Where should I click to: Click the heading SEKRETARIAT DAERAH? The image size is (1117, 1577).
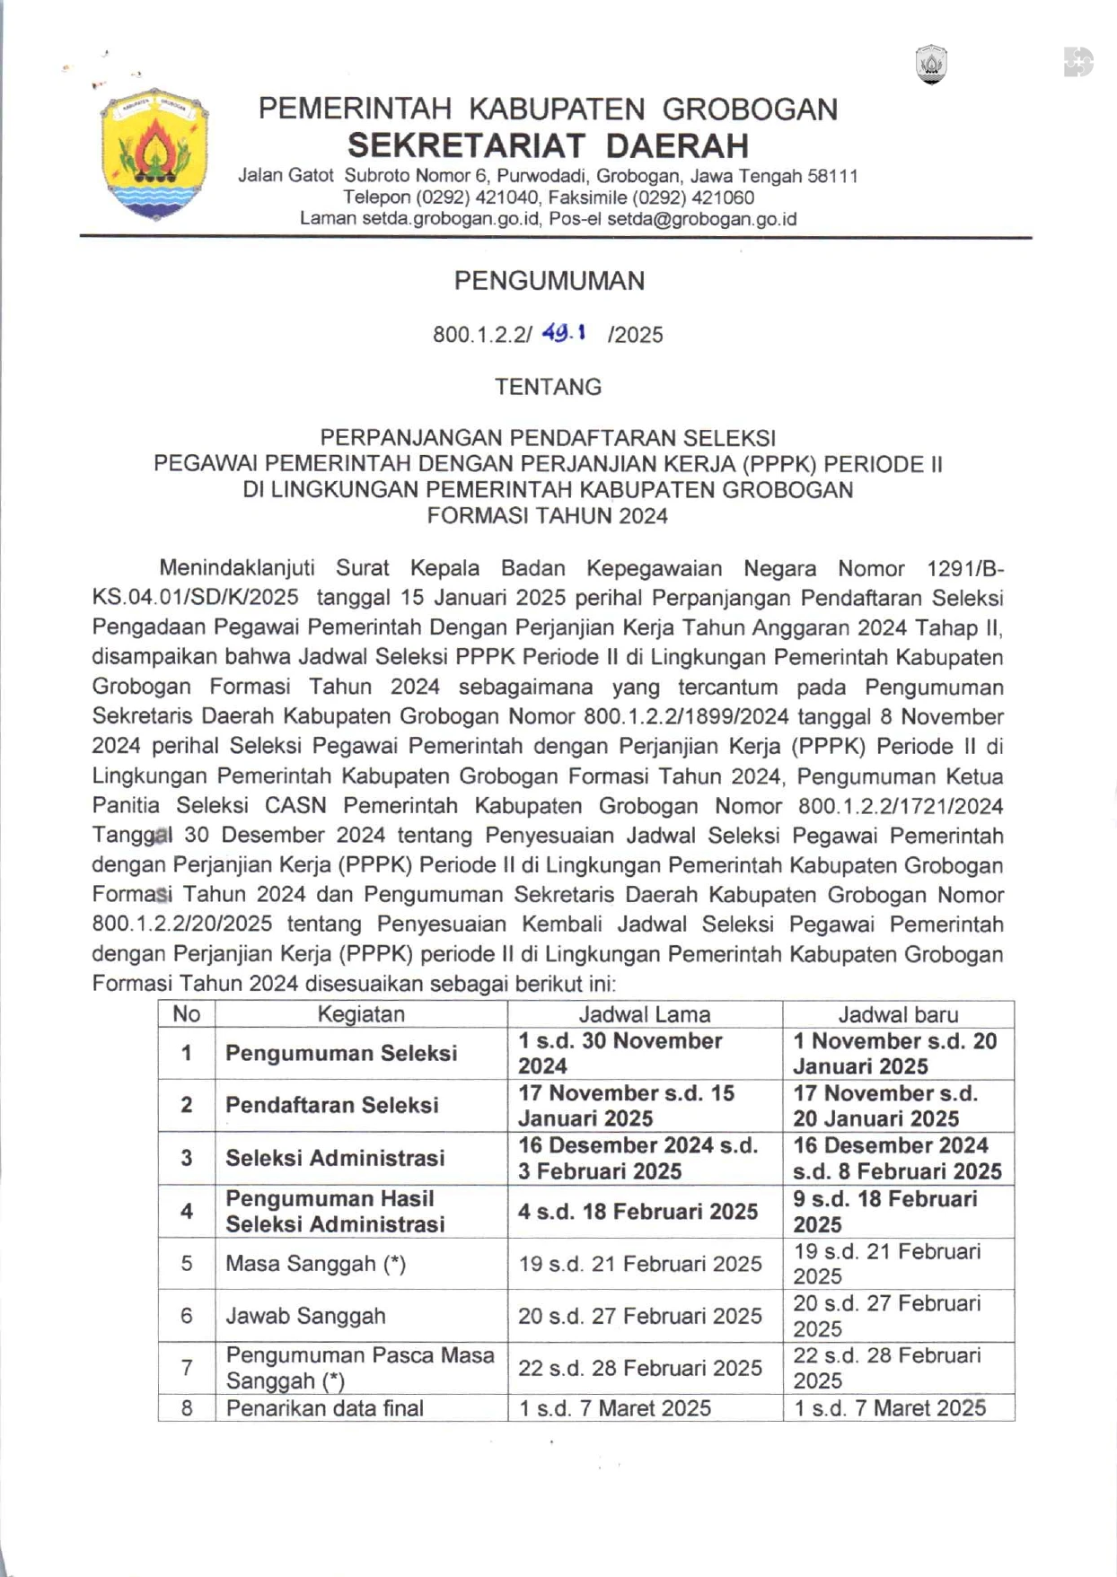(x=548, y=145)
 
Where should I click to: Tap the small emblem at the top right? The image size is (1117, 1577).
(x=931, y=65)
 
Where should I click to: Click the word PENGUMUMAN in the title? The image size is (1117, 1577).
(x=549, y=281)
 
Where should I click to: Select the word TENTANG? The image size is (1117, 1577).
(x=548, y=387)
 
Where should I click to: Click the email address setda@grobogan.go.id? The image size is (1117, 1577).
(x=701, y=219)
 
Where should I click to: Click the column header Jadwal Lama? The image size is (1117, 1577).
(x=644, y=1014)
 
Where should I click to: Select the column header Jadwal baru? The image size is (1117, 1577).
(x=898, y=1014)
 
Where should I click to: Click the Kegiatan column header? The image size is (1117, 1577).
(x=361, y=1014)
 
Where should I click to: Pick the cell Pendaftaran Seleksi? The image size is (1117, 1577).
(x=331, y=1105)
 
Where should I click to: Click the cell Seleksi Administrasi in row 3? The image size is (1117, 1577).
(x=335, y=1158)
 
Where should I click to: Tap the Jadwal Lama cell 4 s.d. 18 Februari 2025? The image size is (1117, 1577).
(x=638, y=1212)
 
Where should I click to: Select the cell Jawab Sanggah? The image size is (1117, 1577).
(x=305, y=1316)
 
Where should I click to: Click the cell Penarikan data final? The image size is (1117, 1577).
(x=324, y=1408)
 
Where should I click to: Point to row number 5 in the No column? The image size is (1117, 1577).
(x=187, y=1264)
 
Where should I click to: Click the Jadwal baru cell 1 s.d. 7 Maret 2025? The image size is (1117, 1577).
(x=890, y=1408)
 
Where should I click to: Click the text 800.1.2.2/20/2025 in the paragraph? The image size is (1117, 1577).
(x=181, y=924)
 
